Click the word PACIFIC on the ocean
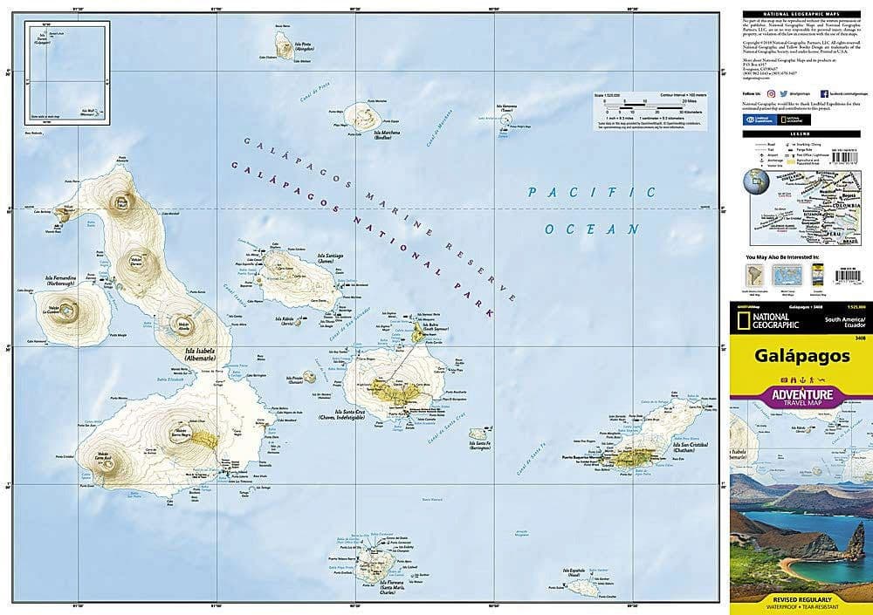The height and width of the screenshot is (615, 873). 591,192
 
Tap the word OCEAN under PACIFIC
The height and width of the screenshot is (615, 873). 593,229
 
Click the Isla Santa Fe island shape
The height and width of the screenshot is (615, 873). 478,434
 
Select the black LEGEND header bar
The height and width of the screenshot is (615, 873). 803,133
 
